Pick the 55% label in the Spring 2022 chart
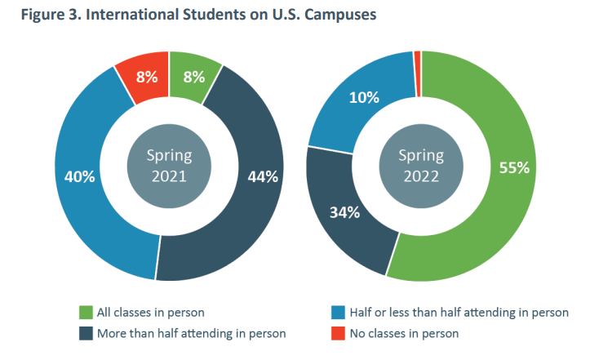[x=514, y=168]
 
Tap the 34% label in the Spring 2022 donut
[x=344, y=213]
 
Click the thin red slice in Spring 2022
[x=417, y=56]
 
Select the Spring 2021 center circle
[x=168, y=165]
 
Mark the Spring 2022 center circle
[x=420, y=165]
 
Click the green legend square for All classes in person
[x=85, y=313]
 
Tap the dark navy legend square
[x=85, y=333]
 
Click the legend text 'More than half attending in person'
[x=191, y=333]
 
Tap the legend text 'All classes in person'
[x=149, y=313]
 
